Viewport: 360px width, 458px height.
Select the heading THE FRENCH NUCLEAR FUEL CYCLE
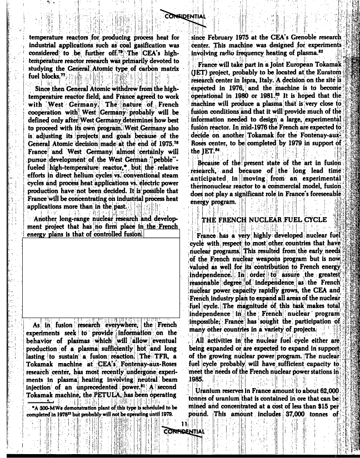click(x=264, y=220)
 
